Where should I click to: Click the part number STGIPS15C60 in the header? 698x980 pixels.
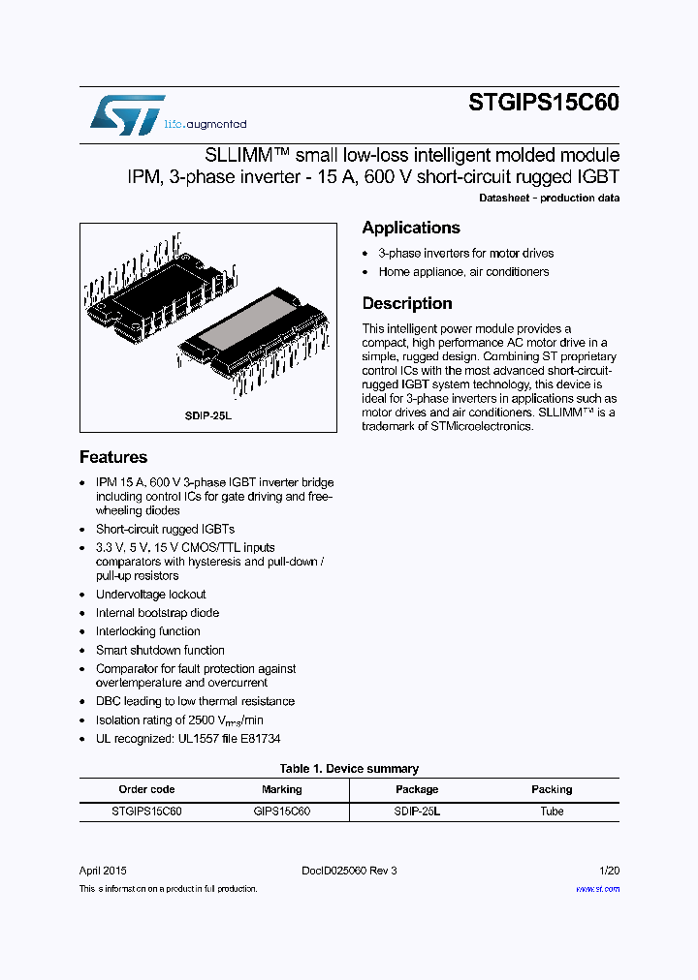(544, 103)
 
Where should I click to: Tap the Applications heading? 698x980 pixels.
(411, 228)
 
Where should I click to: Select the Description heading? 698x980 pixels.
(407, 303)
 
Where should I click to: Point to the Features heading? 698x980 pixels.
(113, 457)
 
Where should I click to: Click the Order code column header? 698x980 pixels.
(146, 789)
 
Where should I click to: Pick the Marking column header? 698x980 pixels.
(282, 789)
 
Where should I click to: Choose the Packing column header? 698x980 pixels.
(552, 789)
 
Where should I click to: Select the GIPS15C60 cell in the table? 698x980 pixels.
(282, 812)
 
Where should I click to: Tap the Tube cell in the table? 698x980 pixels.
(552, 812)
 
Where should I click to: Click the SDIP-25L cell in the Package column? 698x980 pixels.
(417, 812)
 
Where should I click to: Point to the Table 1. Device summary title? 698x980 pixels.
(349, 769)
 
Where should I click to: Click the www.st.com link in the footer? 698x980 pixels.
(597, 888)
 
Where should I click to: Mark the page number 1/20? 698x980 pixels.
(610, 871)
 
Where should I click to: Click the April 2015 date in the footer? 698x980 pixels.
(103, 871)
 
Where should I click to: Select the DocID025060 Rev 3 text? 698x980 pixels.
(349, 871)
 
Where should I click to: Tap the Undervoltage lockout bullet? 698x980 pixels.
(150, 595)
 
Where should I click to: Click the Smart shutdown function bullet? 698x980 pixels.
(160, 650)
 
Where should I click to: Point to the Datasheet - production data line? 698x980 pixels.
(549, 199)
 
